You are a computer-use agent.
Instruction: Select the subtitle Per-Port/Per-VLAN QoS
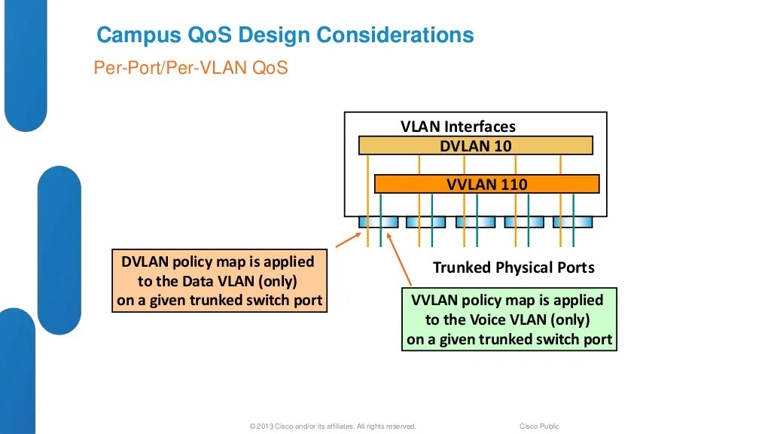point(190,68)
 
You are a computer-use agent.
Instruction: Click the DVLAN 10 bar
point(475,145)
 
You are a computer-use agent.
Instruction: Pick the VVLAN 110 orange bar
point(486,184)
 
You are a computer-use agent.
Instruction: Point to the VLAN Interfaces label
point(458,126)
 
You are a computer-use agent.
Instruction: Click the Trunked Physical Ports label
point(513,267)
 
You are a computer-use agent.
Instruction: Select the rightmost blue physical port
point(573,222)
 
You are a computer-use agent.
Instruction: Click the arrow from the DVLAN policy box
point(347,240)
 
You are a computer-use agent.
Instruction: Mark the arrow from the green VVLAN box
point(397,261)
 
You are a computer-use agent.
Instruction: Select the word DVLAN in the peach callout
point(146,261)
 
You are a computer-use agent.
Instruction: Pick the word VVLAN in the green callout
point(436,300)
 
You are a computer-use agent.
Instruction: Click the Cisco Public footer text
point(539,426)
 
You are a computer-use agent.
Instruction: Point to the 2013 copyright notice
point(332,426)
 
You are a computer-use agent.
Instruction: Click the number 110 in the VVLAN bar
point(513,184)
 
